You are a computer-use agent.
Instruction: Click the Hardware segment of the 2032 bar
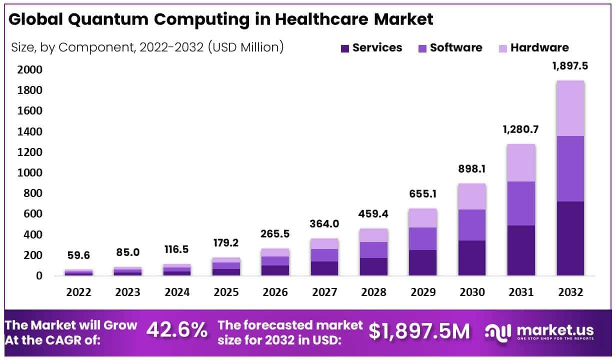coord(570,108)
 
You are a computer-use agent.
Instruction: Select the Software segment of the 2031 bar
coord(521,203)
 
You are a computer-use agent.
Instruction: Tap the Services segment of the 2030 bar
coord(472,258)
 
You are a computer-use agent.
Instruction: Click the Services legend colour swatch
coord(345,48)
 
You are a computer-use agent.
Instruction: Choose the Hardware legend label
coord(539,48)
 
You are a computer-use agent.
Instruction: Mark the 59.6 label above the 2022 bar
coord(78,256)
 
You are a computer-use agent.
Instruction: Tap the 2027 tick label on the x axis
coord(324,292)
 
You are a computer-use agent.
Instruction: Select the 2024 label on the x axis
coord(177,292)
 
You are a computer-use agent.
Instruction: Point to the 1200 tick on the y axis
coord(30,152)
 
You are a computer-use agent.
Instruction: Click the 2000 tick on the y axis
coord(30,69)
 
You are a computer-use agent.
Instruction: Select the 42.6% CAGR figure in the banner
coord(177,330)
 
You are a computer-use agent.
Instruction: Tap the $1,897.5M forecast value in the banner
coord(419,330)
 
